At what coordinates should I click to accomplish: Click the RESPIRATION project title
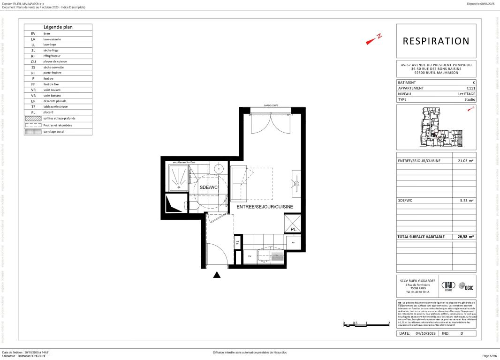(436, 41)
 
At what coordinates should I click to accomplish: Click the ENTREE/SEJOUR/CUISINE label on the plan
(265, 207)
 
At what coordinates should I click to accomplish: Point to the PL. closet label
(293, 230)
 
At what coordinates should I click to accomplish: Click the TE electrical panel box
(238, 243)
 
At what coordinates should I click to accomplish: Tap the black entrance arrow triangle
(217, 275)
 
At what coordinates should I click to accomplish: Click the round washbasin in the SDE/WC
(219, 169)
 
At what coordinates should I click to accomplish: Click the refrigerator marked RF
(293, 242)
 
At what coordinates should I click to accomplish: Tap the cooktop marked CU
(250, 256)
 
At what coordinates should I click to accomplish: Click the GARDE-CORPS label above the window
(271, 106)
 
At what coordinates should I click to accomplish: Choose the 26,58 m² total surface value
(466, 237)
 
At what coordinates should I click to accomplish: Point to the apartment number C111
(470, 88)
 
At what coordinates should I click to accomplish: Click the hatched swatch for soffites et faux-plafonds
(33, 119)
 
